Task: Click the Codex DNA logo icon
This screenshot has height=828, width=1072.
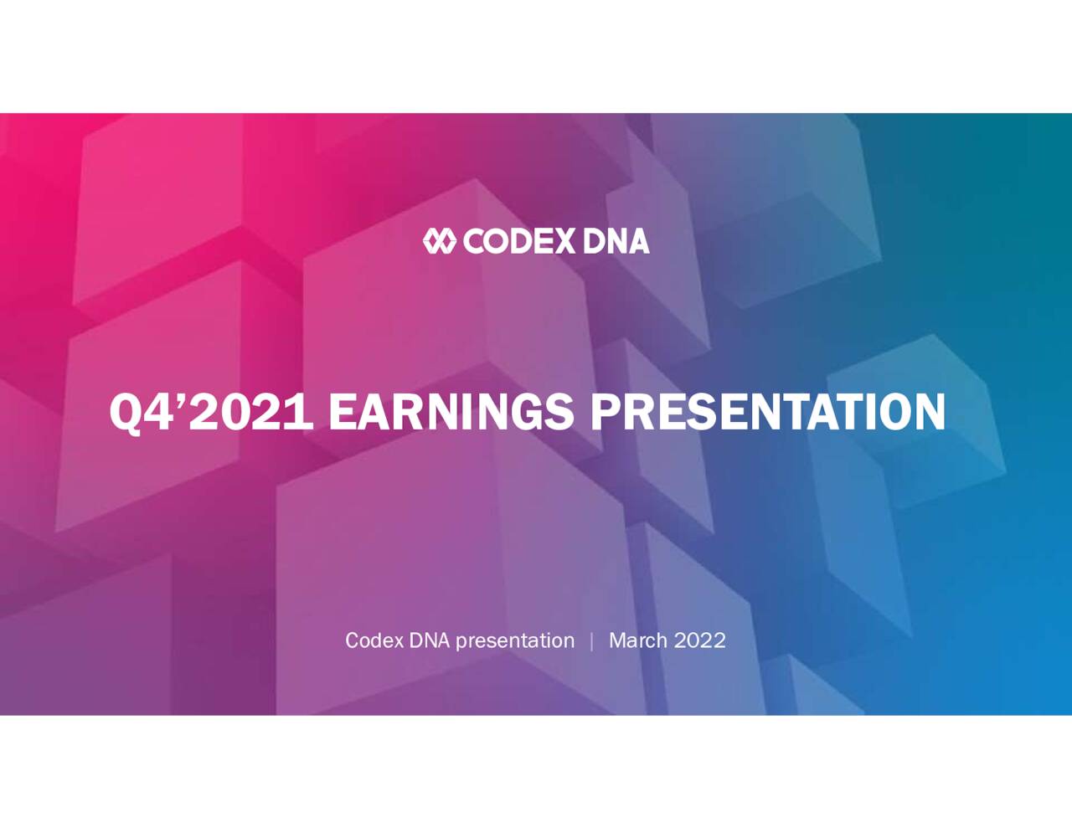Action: (439, 241)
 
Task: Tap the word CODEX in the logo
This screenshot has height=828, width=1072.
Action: (519, 241)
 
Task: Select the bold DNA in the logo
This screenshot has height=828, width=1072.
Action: (616, 241)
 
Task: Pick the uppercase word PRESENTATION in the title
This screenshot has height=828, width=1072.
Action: (767, 412)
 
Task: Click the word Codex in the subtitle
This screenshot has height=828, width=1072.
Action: (374, 640)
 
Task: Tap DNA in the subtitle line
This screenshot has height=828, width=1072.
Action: (430, 640)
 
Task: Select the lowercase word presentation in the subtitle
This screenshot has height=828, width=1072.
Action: (515, 641)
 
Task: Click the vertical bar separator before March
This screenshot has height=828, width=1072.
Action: (592, 641)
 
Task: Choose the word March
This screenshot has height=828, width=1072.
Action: (638, 640)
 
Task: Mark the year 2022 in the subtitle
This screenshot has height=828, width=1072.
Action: (700, 640)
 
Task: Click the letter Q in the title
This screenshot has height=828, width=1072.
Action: (126, 413)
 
